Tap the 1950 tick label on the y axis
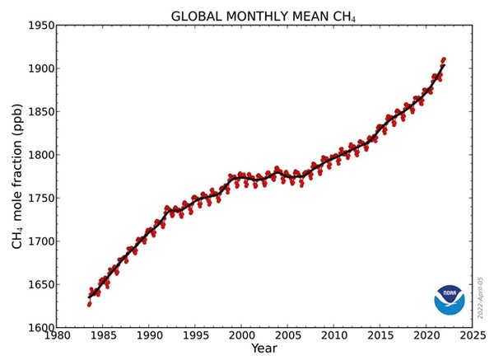click(38, 26)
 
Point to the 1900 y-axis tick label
click(38, 68)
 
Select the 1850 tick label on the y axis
click(38, 112)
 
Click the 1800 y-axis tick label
click(38, 155)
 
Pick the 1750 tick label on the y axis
click(38, 199)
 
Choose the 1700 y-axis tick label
click(38, 241)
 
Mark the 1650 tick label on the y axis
click(38, 285)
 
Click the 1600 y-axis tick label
click(38, 328)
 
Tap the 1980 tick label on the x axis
click(56, 336)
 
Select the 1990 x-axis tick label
click(149, 336)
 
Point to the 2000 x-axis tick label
click(241, 336)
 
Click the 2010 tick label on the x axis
click(333, 336)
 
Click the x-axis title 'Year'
click(264, 349)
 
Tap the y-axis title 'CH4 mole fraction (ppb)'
click(16, 176)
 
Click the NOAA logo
click(450, 300)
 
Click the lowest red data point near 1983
click(89, 305)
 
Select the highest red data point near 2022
click(444, 59)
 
